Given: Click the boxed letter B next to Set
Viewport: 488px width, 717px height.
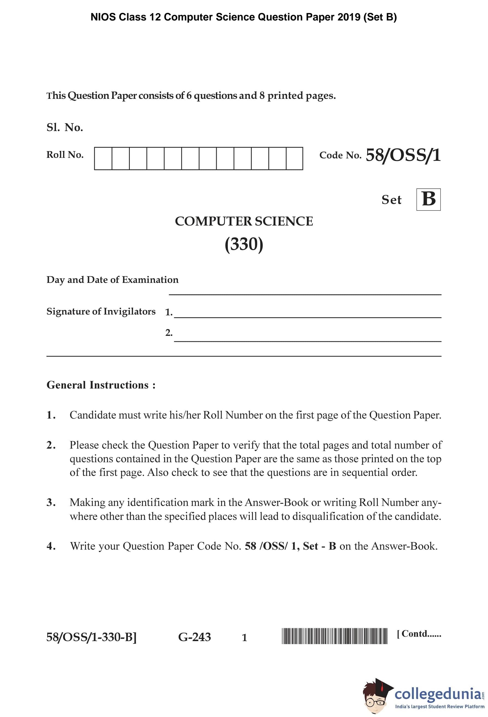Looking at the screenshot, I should tap(428, 199).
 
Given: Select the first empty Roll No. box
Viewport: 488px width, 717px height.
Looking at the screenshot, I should tap(103, 158).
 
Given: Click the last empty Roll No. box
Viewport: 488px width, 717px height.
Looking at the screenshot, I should tap(294, 158).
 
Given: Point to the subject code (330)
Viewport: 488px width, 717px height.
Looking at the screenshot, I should tap(244, 244).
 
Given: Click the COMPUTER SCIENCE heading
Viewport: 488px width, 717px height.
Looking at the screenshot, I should tap(244, 221).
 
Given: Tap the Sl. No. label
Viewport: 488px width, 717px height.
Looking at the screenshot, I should tap(65, 127).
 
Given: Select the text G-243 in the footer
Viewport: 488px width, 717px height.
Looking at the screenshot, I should tap(195, 637).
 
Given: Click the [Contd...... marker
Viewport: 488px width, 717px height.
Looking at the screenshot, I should tap(419, 634).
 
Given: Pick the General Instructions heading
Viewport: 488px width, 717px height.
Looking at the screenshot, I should tap(101, 385).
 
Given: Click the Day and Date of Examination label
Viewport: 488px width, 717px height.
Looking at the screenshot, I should tap(112, 280).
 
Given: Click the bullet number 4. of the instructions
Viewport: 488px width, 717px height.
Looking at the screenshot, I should tap(51, 546).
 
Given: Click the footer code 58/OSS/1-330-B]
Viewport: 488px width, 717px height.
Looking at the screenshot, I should tap(91, 637).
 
